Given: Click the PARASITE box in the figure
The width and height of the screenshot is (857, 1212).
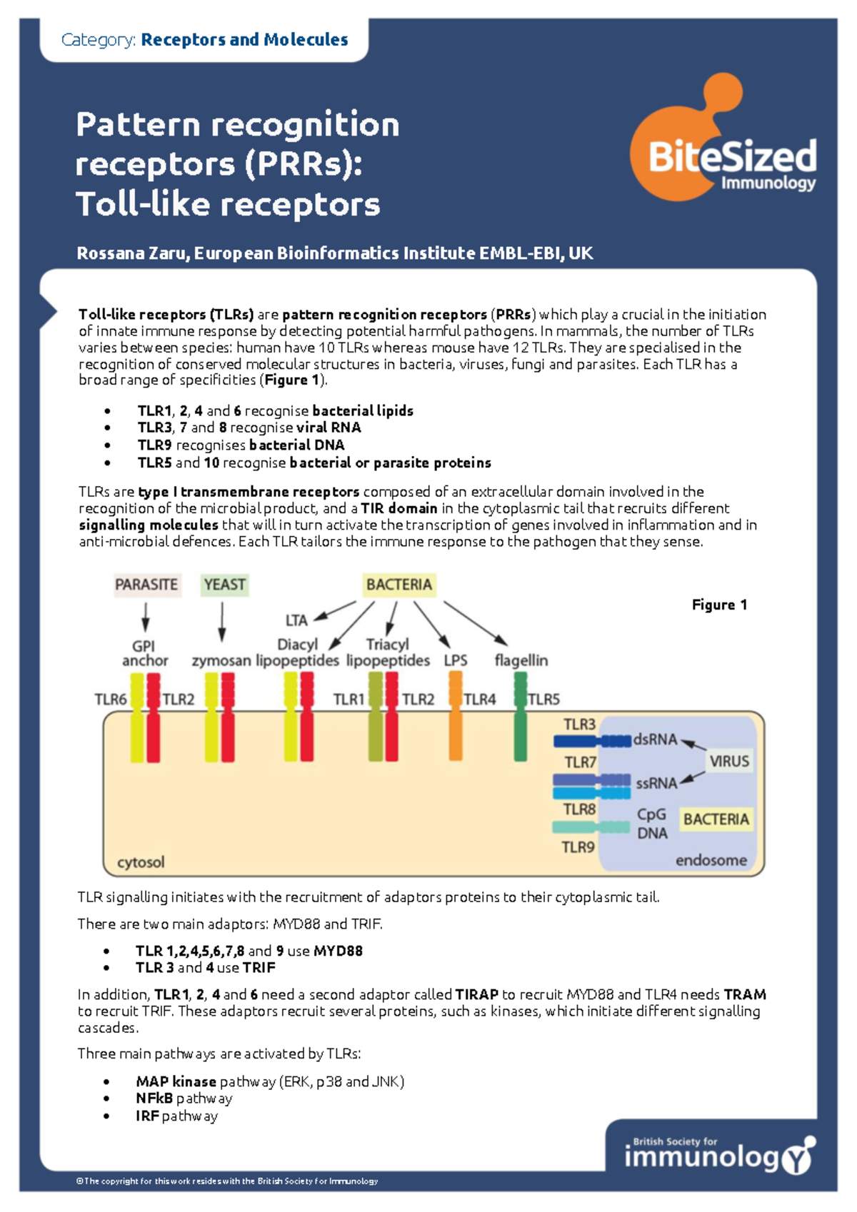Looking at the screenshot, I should tap(146, 585).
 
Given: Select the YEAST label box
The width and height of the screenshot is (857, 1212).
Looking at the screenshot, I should tap(224, 585).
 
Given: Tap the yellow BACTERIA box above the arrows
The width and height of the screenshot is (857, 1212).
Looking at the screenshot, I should tap(399, 585).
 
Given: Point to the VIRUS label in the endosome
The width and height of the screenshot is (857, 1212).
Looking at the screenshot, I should tap(728, 761).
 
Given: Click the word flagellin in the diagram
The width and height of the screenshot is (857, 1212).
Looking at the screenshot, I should tap(521, 660).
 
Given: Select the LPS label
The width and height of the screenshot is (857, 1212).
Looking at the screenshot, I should tap(455, 660).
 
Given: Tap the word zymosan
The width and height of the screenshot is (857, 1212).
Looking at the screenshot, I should tap(221, 661).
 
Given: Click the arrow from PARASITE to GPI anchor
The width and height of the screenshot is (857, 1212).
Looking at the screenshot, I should tap(146, 616).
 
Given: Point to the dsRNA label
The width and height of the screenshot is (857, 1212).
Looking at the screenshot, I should tap(654, 739).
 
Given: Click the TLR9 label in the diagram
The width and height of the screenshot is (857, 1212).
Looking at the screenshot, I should tap(578, 847).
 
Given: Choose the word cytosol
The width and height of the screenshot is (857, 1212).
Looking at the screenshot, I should tap(141, 862).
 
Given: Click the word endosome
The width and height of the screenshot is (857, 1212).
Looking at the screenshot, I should tap(711, 860).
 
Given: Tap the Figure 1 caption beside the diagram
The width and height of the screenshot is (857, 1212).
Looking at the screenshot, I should tap(719, 605).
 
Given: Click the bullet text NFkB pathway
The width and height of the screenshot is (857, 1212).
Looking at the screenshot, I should tap(184, 1099).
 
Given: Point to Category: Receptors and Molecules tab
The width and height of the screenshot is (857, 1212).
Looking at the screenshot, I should tap(205, 39).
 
